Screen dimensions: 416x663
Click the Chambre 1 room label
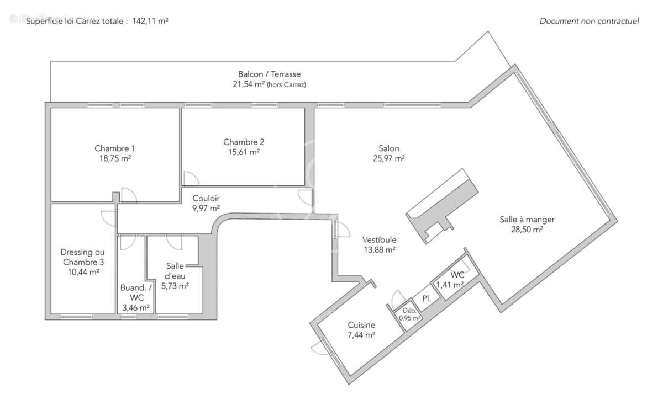[115, 148]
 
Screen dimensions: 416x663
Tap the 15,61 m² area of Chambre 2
[244, 152]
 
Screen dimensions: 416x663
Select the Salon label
[389, 148]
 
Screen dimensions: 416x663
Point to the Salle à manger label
[527, 219]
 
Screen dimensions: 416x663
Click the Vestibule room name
[379, 240]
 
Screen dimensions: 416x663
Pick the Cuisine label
[361, 325]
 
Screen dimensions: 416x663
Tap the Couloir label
[206, 198]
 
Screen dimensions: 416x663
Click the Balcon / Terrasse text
[269, 74]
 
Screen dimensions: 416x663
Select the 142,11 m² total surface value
[150, 21]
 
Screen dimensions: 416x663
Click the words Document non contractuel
[589, 21]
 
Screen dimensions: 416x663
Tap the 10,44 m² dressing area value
[83, 272]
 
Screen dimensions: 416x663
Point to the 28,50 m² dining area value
[527, 229]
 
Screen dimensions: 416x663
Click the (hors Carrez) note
[286, 84]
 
